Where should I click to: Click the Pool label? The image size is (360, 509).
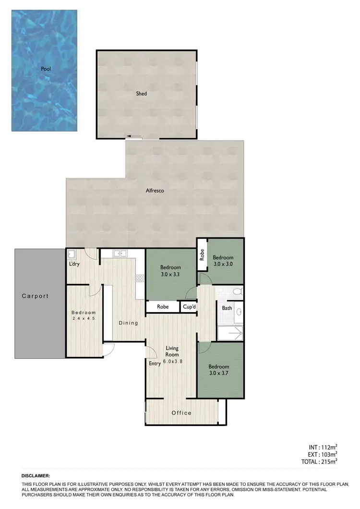[46, 69]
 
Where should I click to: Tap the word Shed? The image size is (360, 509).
[141, 94]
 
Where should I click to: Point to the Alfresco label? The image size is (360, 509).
[155, 191]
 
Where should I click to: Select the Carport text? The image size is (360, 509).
[36, 296]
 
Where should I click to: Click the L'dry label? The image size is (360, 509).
[74, 264]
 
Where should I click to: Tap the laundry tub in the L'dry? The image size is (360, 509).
[72, 254]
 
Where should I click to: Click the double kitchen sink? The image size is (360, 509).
[120, 253]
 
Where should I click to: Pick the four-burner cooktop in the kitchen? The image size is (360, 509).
[140, 278]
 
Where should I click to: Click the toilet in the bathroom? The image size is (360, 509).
[236, 291]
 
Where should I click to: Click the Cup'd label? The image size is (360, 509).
[188, 306]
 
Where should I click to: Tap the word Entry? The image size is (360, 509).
[155, 364]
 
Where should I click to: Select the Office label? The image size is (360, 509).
[181, 413]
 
